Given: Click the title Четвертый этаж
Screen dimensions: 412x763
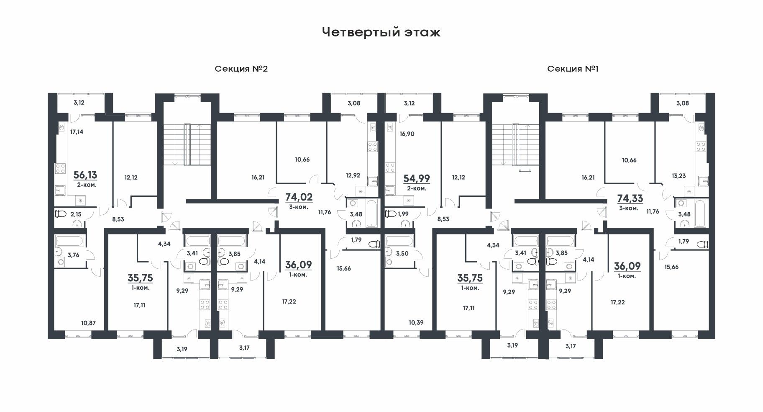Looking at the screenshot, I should tap(381, 32).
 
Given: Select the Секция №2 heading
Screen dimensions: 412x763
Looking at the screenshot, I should tap(241, 69).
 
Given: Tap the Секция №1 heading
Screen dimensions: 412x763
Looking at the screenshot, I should tap(573, 69).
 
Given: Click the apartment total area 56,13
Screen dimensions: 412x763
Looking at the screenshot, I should tap(85, 175).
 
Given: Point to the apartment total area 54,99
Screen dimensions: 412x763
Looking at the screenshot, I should tap(416, 178).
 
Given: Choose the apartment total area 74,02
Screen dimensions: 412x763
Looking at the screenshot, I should tap(299, 197).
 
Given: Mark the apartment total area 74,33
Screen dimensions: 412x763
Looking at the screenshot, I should tap(630, 198).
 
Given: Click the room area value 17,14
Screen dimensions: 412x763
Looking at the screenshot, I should tap(77, 131).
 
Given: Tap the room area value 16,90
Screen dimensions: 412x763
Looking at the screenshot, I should tap(407, 134).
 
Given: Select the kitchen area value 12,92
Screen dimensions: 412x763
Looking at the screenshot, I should tap(353, 175).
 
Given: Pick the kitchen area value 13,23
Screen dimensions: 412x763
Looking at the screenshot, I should tap(679, 176).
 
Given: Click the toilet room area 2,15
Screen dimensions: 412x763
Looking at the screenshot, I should tap(76, 214).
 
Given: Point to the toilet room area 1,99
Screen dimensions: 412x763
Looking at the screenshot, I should tap(403, 214).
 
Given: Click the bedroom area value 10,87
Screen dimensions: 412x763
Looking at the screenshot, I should tap(88, 323).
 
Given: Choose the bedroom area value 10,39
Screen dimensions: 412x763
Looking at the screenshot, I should tap(416, 323).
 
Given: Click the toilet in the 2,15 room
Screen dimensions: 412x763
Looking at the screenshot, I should tap(61, 214).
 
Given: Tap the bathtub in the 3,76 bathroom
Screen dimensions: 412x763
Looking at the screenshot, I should tap(70, 240).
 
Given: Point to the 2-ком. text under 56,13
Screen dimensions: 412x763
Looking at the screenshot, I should tap(86, 185).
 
